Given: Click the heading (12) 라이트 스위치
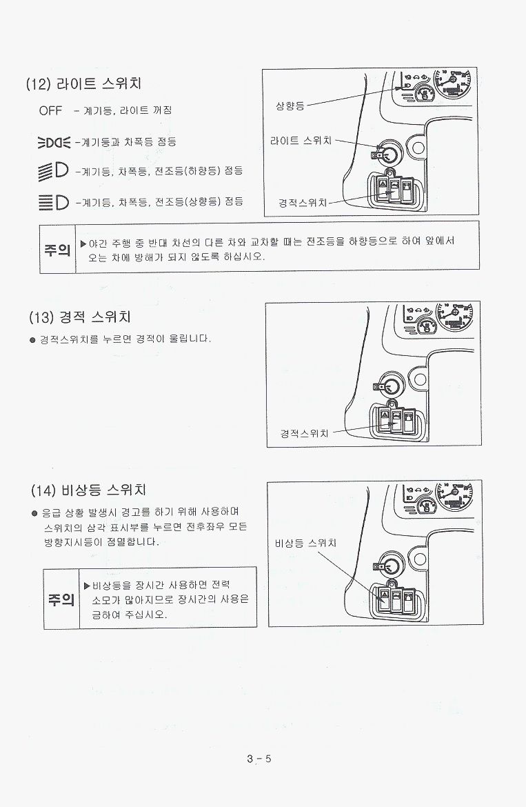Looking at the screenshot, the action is tap(83, 83).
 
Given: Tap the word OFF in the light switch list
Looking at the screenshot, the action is tap(50, 110).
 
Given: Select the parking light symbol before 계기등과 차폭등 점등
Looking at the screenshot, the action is tap(54, 142).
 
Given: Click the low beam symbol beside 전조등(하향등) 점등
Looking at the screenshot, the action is tap(53, 171).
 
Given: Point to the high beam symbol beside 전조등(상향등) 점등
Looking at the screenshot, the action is tap(54, 201).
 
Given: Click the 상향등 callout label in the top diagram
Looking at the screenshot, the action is tap(290, 106).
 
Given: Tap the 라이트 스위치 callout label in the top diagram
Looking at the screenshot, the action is tap(301, 141).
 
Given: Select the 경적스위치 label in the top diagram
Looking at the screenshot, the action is tap(303, 203).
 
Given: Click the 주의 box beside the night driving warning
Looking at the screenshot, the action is tap(58, 250).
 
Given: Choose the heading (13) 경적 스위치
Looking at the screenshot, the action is tap(80, 317).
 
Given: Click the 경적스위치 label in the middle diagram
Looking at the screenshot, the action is tap(304, 433).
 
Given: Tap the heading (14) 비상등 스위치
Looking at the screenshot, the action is tap(88, 490).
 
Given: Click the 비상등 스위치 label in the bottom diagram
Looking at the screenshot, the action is tap(305, 543).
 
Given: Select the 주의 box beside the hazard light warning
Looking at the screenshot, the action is tap(61, 599).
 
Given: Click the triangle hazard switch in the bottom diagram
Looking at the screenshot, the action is tap(383, 599).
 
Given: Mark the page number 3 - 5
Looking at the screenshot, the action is tap(259, 759).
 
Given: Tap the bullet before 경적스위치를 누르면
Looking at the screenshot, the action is tap(33, 340).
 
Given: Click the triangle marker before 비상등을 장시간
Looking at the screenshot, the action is tap(87, 586).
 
